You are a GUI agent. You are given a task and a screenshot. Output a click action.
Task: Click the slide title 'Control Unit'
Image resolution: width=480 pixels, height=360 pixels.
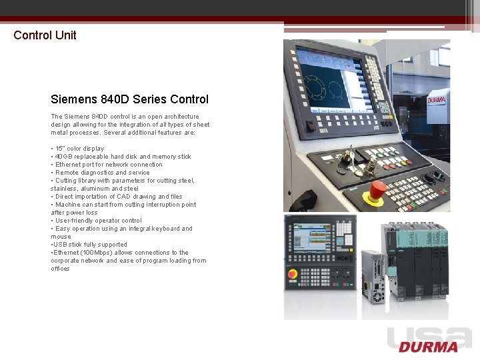click(45, 35)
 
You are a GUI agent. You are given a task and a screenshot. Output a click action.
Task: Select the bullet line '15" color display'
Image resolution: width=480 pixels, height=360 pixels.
click(78, 149)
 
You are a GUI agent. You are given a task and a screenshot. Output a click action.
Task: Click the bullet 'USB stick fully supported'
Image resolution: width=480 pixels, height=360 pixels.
click(89, 245)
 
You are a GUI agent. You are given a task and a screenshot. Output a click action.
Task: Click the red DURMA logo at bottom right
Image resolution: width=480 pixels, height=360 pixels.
click(429, 347)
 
